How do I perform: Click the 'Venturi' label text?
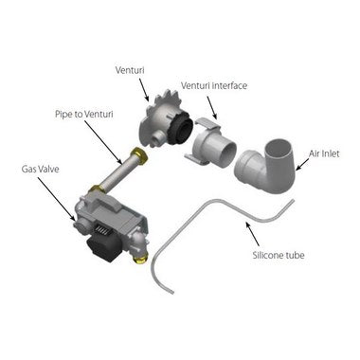130,70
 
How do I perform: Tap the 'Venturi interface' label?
214,85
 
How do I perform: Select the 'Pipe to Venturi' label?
84,114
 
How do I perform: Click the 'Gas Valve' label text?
40,169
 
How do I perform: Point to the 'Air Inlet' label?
324,153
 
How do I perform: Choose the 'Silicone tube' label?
279,255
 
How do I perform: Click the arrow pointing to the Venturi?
144,90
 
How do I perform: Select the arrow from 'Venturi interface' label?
212,107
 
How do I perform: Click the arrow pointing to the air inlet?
302,165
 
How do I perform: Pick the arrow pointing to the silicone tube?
253,234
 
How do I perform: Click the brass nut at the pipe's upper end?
140,154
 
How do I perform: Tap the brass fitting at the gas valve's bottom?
139,260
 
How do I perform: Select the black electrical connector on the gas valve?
101,248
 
